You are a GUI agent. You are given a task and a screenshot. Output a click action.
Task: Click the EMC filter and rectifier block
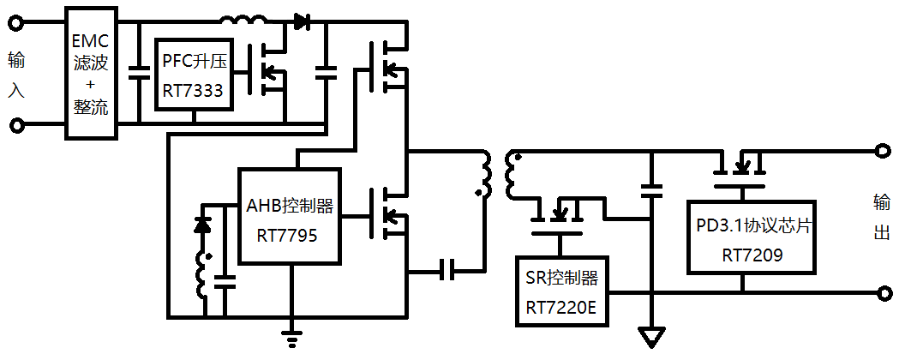pyautogui.click(x=93, y=74)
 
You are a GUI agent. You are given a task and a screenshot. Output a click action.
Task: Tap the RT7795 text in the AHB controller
pyautogui.click(x=287, y=234)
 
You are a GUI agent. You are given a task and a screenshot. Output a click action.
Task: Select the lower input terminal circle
pyautogui.click(x=17, y=126)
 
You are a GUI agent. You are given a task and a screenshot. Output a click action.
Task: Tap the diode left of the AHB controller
pyautogui.click(x=203, y=225)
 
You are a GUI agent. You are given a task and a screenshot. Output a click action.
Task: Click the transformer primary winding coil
pyautogui.click(x=484, y=176)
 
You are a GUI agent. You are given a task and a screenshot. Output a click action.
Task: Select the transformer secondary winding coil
pyautogui.click(x=512, y=176)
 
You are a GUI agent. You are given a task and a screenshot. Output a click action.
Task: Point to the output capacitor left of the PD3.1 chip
pyautogui.click(x=652, y=189)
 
